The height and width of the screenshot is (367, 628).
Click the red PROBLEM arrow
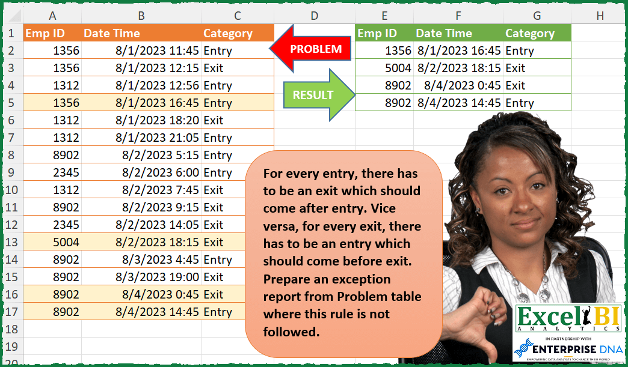pyautogui.click(x=309, y=50)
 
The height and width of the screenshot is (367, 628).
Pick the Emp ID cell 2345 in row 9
pyautogui.click(x=66, y=173)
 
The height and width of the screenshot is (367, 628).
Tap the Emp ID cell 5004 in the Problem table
pyautogui.click(x=66, y=243)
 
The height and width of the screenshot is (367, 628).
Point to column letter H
pyautogui.click(x=600, y=16)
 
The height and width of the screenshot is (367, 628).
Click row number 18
pyautogui.click(x=12, y=330)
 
